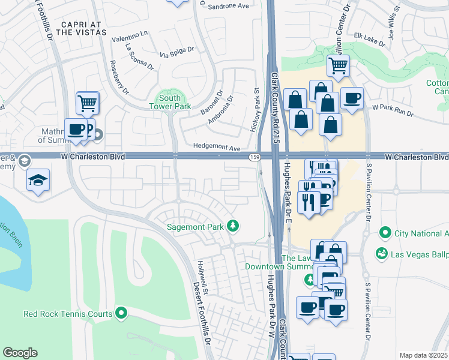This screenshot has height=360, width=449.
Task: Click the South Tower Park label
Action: point(170,102)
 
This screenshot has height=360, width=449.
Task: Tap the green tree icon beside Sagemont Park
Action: point(234,226)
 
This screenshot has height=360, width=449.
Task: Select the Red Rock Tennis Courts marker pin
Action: point(121,313)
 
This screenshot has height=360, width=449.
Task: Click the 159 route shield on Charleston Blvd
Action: point(255,157)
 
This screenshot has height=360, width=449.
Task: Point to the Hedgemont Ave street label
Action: point(217,148)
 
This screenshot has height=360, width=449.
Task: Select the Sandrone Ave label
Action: point(228,7)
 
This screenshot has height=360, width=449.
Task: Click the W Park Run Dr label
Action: point(393,110)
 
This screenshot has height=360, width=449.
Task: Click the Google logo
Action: point(20,353)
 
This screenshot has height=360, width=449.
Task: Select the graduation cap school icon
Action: point(38,181)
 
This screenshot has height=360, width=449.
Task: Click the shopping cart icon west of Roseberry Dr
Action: point(88,103)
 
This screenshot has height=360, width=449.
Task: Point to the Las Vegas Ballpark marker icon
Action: point(381,254)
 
